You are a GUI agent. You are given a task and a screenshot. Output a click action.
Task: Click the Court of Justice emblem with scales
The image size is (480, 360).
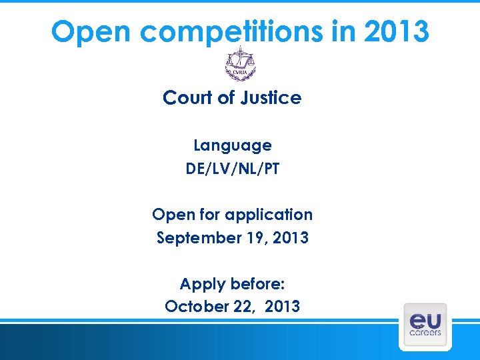pyautogui.click(x=240, y=64)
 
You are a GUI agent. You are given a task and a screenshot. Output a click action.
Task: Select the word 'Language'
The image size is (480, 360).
pyautogui.click(x=232, y=145)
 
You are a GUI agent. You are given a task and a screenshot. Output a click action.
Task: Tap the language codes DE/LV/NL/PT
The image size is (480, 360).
pyautogui.click(x=232, y=169)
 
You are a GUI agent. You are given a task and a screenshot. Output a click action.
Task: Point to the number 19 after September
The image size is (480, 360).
pyautogui.click(x=254, y=237)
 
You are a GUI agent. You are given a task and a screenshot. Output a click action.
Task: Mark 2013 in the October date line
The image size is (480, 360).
pyautogui.click(x=282, y=307)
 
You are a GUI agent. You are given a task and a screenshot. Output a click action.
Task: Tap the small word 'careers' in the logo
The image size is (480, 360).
pyautogui.click(x=425, y=332)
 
